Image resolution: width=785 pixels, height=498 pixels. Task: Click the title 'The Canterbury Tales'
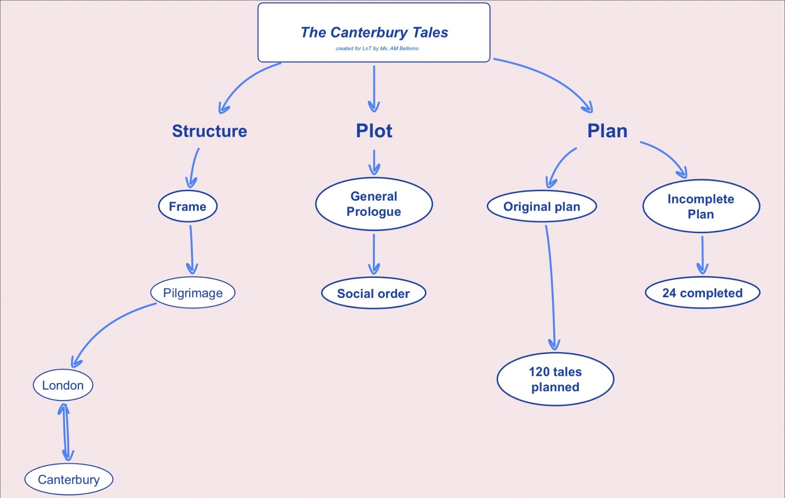[x=374, y=32]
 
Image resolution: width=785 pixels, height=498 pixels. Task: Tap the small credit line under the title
[x=377, y=48]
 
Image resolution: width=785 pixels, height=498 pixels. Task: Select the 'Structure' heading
[x=209, y=131]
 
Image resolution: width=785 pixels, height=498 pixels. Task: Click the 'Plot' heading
[x=374, y=131]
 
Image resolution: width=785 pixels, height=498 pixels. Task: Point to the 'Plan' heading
[x=607, y=131]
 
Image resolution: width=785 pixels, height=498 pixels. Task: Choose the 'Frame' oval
[x=188, y=206]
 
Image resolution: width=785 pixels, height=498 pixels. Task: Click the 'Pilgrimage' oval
[x=193, y=293]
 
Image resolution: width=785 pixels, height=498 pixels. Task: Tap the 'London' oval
[x=63, y=385]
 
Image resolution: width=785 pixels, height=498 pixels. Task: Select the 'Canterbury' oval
[x=69, y=479]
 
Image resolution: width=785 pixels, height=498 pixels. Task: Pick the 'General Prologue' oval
[x=374, y=204]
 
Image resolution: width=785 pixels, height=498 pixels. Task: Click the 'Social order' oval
[x=373, y=293]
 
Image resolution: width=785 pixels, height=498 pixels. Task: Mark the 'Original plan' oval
[x=542, y=206]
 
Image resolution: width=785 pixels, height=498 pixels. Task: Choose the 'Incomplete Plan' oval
[x=701, y=206]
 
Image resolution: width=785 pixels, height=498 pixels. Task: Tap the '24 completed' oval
[x=702, y=293]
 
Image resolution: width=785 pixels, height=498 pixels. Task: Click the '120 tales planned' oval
[x=555, y=379]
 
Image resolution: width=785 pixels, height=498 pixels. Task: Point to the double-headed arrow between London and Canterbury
[x=65, y=432]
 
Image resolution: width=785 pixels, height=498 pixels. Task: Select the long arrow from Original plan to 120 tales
[x=551, y=286]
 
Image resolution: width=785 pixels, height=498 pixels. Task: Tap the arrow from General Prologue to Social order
[x=374, y=253]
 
